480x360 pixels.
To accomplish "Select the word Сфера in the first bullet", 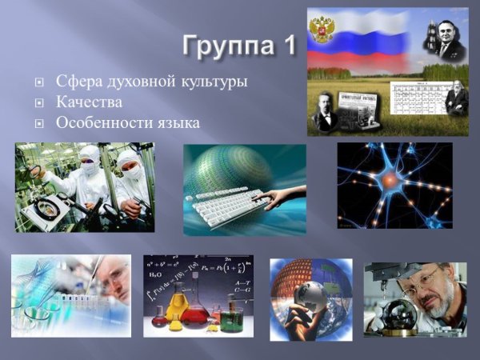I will pyautogui.click(x=78, y=82).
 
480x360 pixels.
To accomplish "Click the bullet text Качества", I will pyautogui.click(x=89, y=102).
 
